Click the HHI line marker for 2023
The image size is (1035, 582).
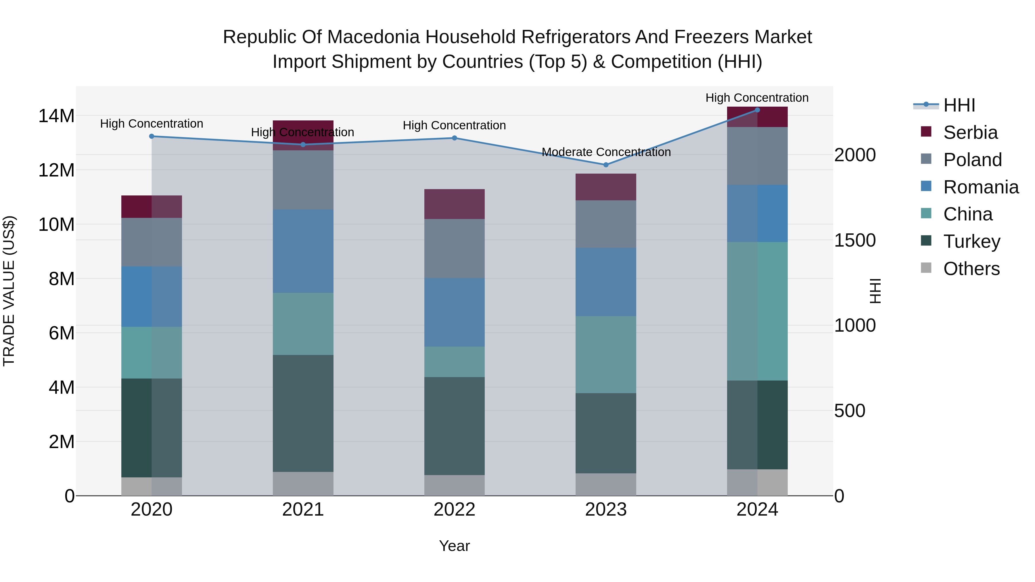pyautogui.click(x=606, y=165)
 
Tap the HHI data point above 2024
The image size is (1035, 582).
pyautogui.click(x=757, y=110)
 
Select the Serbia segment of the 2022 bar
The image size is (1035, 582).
pyautogui.click(x=455, y=204)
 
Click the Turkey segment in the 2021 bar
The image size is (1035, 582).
pyautogui.click(x=303, y=413)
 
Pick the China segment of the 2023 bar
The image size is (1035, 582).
pyautogui.click(x=606, y=354)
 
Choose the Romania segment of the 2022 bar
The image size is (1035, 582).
pyautogui.click(x=455, y=312)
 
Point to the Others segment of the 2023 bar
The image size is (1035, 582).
pyautogui.click(x=606, y=484)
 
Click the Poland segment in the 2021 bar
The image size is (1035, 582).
pyautogui.click(x=303, y=180)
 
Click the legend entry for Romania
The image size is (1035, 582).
pyautogui.click(x=980, y=187)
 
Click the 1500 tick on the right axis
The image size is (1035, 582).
pyautogui.click(x=855, y=240)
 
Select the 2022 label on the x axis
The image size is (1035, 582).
pyautogui.click(x=455, y=510)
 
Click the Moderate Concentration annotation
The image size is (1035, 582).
pyautogui.click(x=606, y=152)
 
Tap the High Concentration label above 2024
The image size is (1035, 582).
pyautogui.click(x=757, y=98)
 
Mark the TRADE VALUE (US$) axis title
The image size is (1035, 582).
pyautogui.click(x=9, y=291)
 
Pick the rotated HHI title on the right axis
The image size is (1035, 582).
pyautogui.click(x=875, y=291)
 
